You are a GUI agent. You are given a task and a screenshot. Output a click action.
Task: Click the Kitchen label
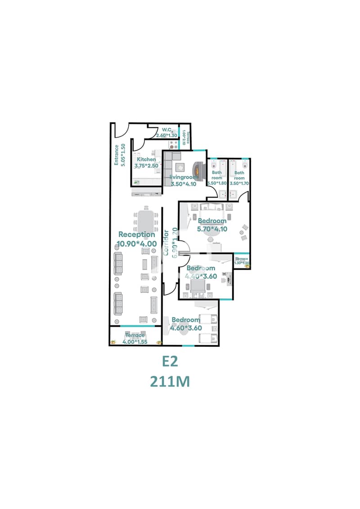coord(146,159)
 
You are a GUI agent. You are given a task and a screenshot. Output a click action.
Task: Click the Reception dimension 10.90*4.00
coord(137,243)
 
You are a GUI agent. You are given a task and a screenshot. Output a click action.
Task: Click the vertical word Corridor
coord(166,243)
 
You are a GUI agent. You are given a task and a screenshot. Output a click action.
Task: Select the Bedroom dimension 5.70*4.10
coord(212,228)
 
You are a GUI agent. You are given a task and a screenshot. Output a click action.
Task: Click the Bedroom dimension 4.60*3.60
coord(185,328)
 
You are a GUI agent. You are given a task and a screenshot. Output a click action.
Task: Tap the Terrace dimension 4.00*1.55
coord(135,342)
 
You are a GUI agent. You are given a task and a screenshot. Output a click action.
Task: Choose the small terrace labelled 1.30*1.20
coord(242,261)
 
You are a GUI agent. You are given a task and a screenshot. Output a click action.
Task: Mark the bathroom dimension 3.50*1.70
coord(239,183)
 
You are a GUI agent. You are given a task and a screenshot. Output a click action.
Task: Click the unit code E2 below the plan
coord(170,362)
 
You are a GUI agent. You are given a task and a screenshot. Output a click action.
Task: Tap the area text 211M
coord(170,382)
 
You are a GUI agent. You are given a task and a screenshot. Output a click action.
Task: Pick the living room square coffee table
coord(179,168)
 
